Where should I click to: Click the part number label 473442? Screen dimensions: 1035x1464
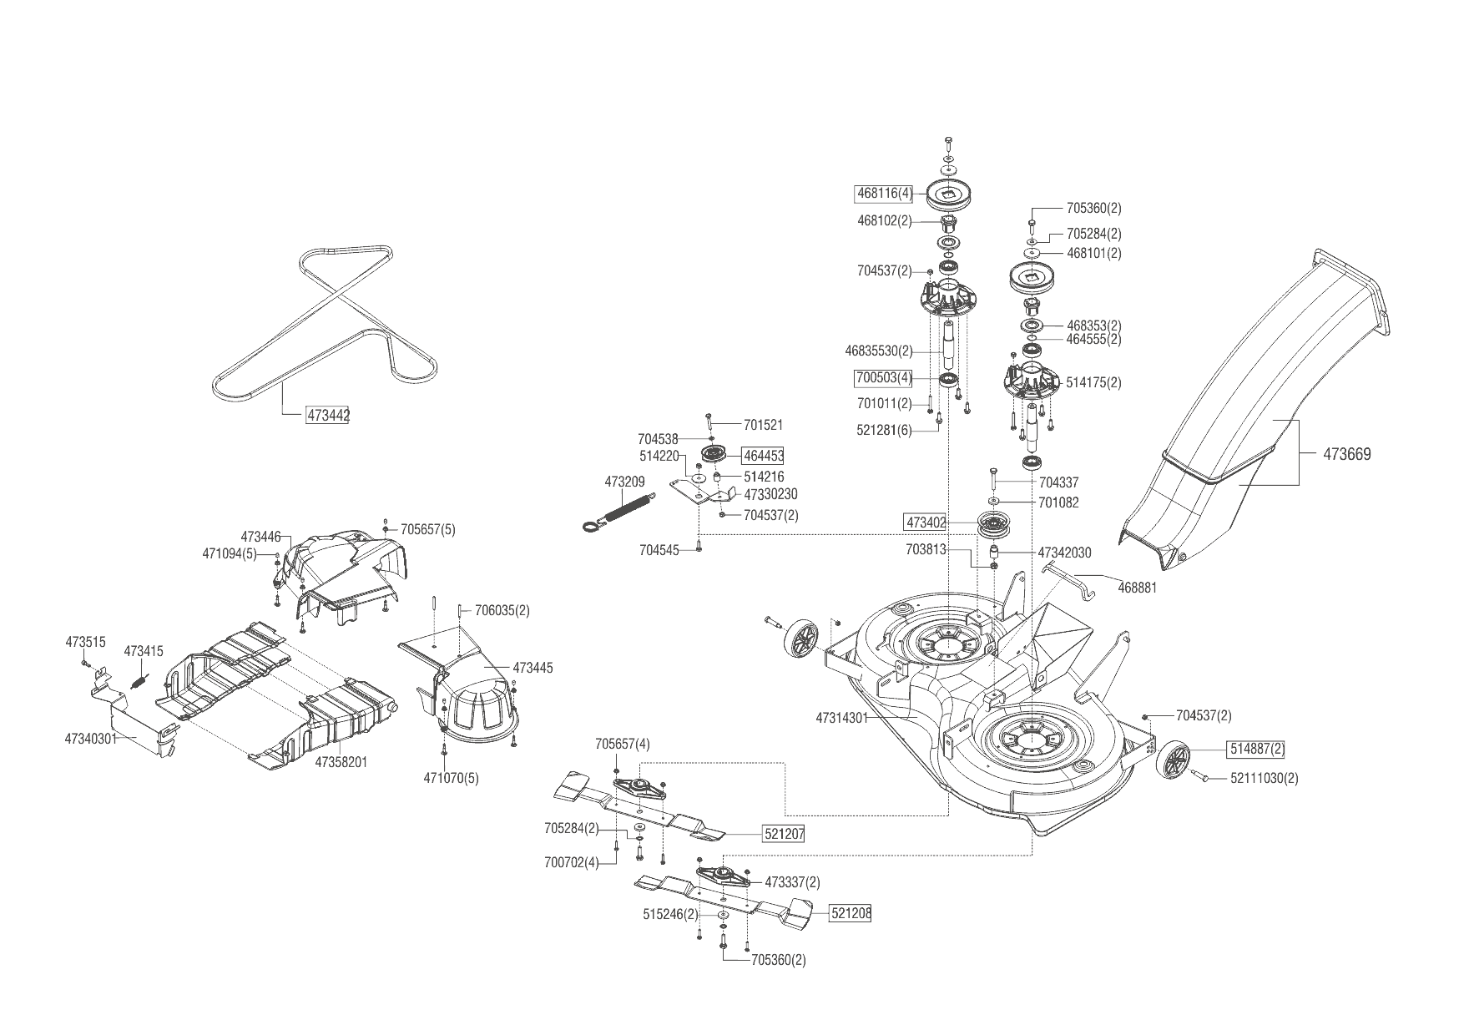point(328,415)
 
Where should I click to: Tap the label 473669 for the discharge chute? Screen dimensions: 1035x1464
point(1346,455)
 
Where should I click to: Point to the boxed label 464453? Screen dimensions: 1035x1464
point(763,456)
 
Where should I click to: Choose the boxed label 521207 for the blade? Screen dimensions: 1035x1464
point(784,833)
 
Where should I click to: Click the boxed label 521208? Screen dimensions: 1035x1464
point(851,913)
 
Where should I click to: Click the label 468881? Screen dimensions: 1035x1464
point(1137,588)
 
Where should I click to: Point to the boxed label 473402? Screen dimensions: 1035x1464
point(926,523)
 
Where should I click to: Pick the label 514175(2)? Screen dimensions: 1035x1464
point(1093,383)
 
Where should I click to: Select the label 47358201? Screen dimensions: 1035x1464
point(341,762)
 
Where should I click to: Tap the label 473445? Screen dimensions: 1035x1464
point(533,668)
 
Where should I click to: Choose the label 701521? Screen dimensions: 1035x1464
point(763,425)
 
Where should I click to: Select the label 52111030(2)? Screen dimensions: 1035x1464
point(1265,779)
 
